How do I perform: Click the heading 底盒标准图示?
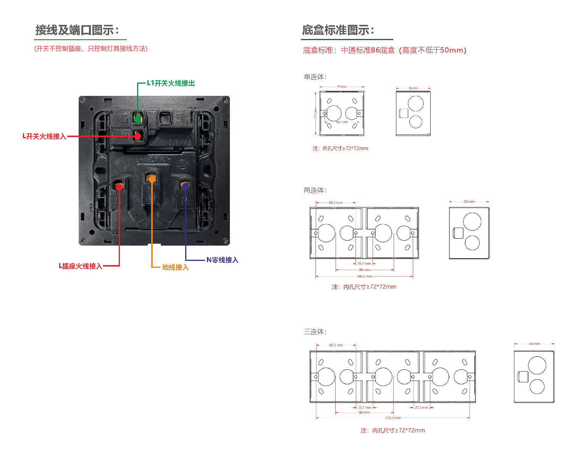[x=338, y=30]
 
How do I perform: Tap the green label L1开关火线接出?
[x=171, y=83]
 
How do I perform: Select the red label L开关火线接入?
[x=44, y=136]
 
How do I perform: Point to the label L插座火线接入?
[x=80, y=266]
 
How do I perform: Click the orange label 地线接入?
[x=175, y=267]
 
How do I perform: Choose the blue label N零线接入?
[x=222, y=260]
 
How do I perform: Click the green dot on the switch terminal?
[x=137, y=119]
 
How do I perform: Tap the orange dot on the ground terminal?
[x=152, y=179]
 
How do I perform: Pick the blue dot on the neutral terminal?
[x=185, y=186]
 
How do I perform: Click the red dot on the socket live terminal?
[x=119, y=187]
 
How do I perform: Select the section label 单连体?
[x=315, y=77]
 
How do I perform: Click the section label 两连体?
[x=315, y=190]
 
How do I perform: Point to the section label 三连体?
[x=315, y=332]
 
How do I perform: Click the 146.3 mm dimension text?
[x=364, y=276]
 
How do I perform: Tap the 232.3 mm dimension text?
[x=393, y=418]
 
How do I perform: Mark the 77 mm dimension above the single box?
[x=342, y=87]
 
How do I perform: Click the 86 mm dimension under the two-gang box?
[x=364, y=270]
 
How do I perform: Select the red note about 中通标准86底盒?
[x=385, y=50]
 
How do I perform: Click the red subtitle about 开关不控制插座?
[x=91, y=49]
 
